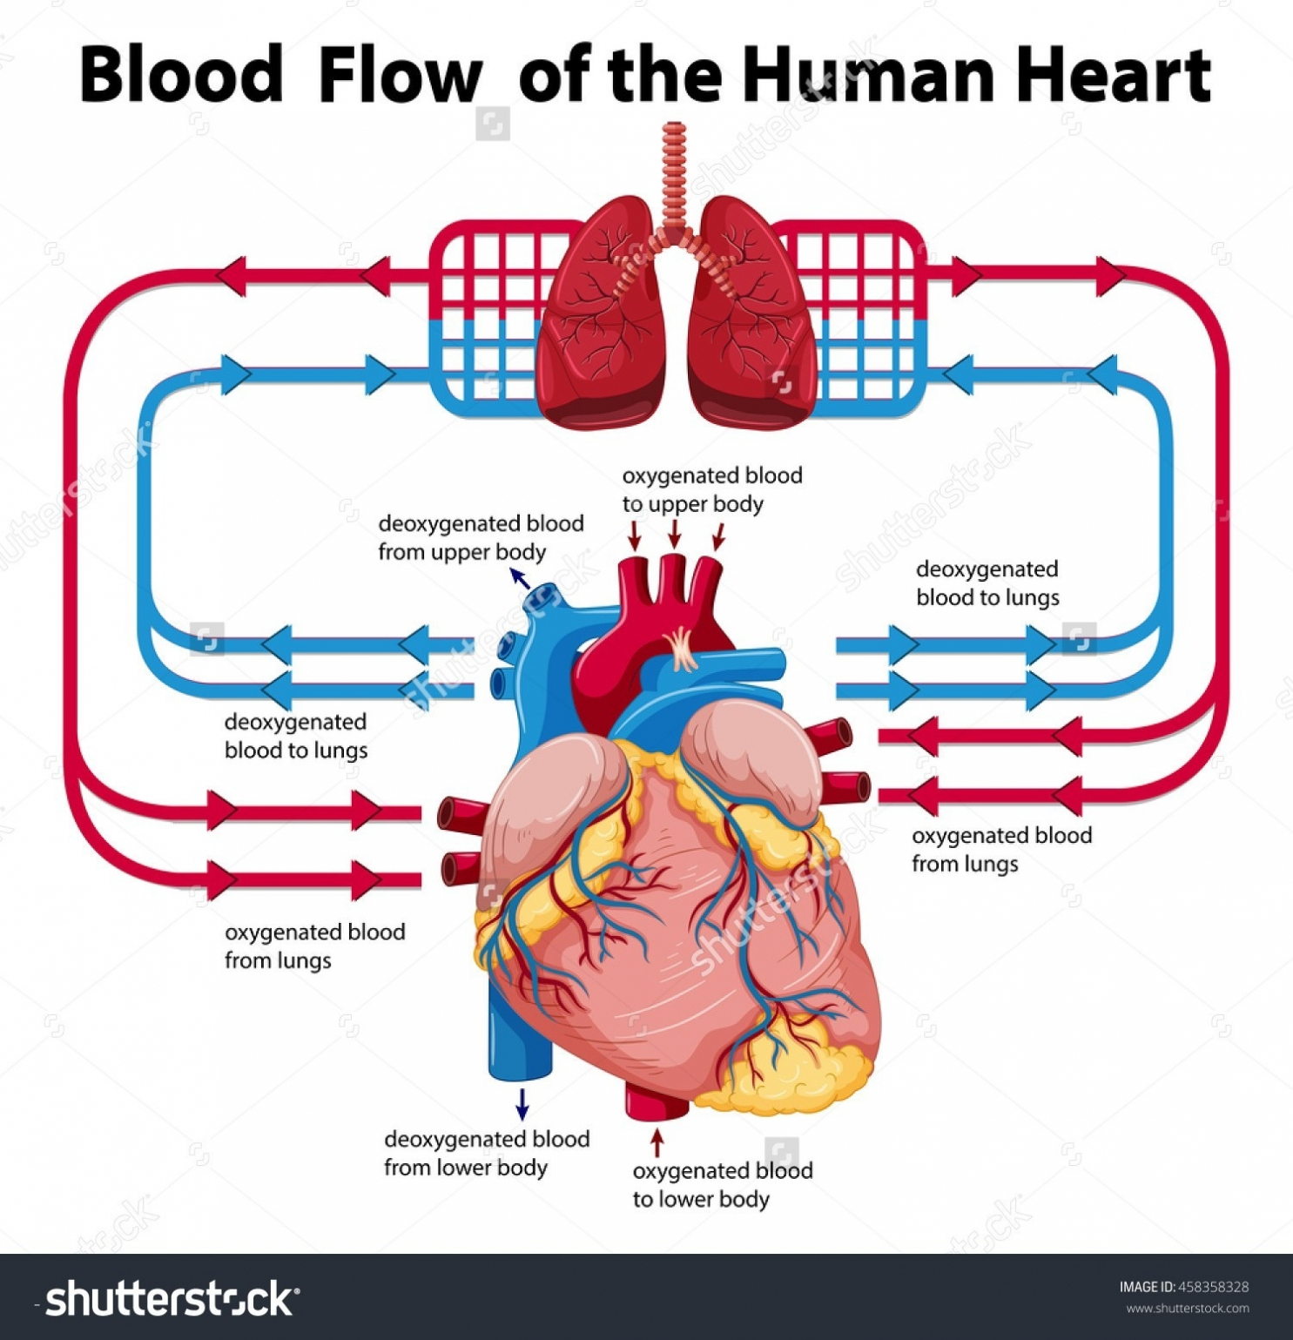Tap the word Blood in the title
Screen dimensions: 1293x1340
point(181,75)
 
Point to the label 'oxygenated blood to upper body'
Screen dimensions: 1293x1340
point(711,489)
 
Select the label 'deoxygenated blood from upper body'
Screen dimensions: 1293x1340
point(481,537)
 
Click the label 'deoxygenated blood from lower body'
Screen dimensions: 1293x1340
point(487,1153)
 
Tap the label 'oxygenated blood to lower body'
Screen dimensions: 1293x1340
point(722,1184)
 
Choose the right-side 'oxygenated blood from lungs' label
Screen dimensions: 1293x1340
point(1001,849)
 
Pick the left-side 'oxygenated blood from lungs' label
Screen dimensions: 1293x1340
point(314,946)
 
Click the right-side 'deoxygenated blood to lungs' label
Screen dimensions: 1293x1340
point(987,582)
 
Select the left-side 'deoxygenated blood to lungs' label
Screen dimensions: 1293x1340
point(295,736)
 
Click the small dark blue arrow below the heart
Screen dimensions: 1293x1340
point(522,1103)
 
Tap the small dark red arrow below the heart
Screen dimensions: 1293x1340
point(658,1142)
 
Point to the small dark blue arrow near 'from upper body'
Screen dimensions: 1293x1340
point(520,578)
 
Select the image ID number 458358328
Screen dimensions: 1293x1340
point(1213,1287)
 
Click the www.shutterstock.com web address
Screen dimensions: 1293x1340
point(1188,1309)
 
